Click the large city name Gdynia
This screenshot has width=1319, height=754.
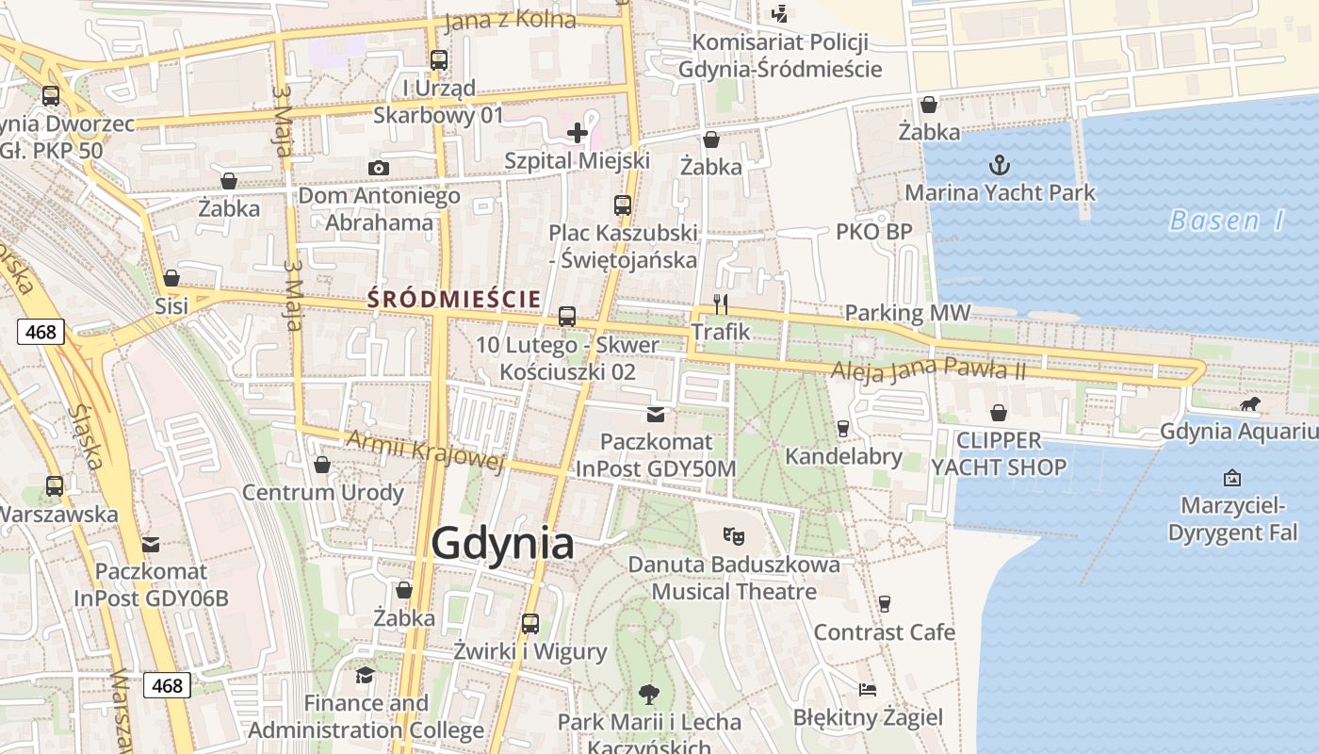pos(502,545)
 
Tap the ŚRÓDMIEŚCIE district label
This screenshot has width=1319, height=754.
pos(454,300)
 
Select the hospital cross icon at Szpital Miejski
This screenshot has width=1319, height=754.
pos(578,133)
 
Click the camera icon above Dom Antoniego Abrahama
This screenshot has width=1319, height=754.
pos(379,168)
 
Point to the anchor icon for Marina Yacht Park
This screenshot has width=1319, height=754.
pos(999,166)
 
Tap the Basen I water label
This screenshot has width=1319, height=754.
pos(1227,221)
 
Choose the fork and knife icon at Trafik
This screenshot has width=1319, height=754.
pos(721,303)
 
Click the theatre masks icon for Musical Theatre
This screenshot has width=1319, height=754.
pos(734,536)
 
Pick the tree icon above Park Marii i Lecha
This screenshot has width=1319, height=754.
pos(648,695)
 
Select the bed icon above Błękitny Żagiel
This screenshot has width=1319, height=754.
pos(868,690)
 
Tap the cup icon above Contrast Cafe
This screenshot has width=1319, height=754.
pos(884,603)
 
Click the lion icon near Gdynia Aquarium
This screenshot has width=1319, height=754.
pos(1250,404)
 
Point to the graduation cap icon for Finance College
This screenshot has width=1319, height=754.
pos(365,675)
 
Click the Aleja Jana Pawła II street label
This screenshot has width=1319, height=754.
pos(927,369)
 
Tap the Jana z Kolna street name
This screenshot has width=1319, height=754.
pos(509,20)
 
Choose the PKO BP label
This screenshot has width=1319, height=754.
pos(874,232)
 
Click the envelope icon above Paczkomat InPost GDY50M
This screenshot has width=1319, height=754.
pos(655,414)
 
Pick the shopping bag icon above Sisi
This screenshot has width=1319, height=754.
pos(171,278)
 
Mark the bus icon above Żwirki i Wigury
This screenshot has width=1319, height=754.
pos(530,623)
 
